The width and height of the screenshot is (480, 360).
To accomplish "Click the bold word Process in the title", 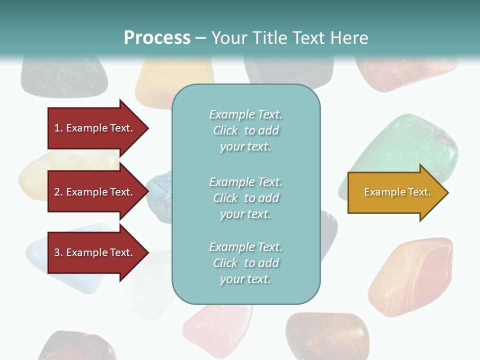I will coord(157,38).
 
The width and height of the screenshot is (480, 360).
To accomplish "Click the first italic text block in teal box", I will coord(245,130).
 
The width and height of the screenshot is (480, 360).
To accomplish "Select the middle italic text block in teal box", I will coord(245,198).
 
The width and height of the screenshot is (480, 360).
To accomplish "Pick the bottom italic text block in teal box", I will coord(245,263).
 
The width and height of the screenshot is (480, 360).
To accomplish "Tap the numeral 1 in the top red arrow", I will coord(57,128).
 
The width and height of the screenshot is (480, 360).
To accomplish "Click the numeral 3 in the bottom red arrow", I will coord(57,252).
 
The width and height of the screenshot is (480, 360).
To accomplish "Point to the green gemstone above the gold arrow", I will coord(410,145).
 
